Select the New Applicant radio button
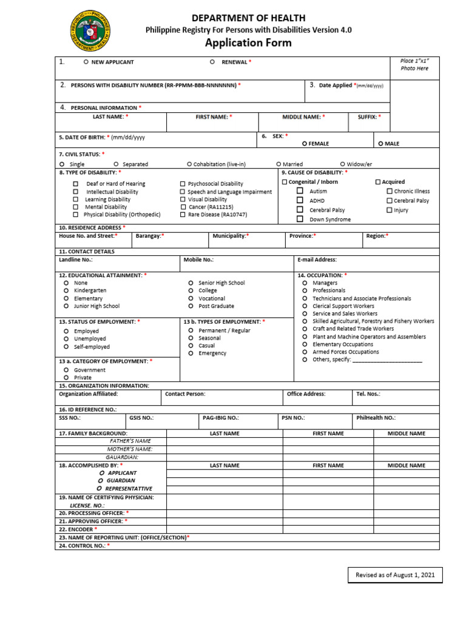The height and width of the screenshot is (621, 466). tap(86, 62)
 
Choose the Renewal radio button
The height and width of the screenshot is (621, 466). tap(212, 62)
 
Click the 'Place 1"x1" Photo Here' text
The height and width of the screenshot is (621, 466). tap(414, 65)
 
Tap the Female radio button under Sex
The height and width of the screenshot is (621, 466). tap(305, 144)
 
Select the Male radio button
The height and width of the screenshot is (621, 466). tap(380, 144)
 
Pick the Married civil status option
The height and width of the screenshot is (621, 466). tap(279, 164)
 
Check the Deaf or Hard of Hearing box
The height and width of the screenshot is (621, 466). tap(76, 184)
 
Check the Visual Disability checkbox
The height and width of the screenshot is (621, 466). tap(183, 199)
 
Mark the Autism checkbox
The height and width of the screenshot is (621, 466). tap(300, 190)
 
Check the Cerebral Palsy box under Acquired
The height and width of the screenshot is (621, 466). tap(390, 200)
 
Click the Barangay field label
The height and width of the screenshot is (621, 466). tap(150, 236)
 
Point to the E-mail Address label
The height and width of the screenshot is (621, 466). tap(317, 260)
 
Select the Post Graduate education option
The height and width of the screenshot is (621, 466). tap(191, 306)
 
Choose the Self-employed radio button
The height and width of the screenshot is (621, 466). tap(66, 347)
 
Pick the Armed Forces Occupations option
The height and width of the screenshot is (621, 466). tap(305, 352)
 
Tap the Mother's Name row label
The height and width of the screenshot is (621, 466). tap(129, 449)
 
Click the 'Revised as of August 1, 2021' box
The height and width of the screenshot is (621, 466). tap(395, 575)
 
